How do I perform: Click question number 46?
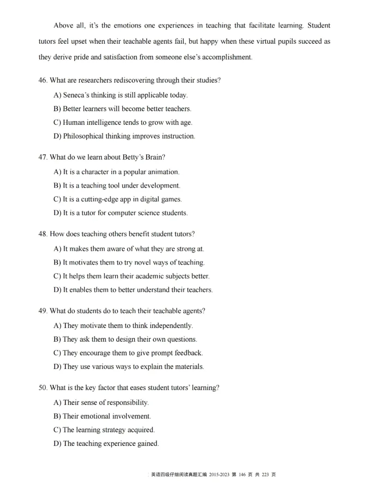43,81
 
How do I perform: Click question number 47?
43,157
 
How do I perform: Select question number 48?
43,234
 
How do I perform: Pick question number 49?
43,311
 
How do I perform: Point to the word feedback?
187,353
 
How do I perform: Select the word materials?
188,367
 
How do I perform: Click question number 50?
43,388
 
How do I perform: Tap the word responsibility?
126,403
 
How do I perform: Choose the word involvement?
130,416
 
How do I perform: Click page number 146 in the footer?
244,475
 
